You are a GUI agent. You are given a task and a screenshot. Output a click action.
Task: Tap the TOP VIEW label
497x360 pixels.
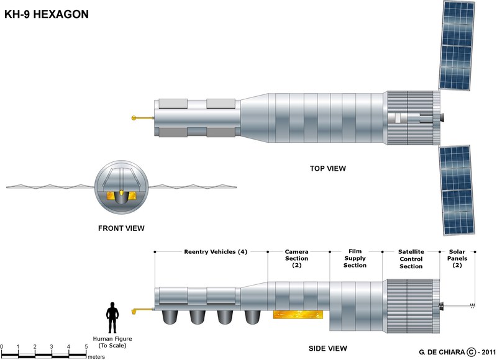328,168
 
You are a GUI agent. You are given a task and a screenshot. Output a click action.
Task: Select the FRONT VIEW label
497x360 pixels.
121,228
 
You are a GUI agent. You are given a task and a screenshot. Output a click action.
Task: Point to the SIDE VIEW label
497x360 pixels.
328,348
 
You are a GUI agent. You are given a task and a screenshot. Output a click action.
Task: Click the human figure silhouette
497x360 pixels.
112,319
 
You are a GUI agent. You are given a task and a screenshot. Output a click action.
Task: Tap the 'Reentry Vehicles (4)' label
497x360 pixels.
216,252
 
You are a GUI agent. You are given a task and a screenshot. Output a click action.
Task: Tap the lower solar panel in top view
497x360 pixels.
460,189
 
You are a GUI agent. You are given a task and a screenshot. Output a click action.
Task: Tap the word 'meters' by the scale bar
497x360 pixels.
96,356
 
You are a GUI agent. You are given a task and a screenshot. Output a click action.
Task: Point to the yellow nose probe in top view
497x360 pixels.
141,118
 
